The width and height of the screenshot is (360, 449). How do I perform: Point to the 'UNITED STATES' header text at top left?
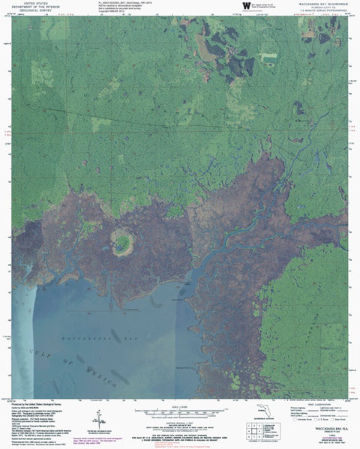coord(35,4)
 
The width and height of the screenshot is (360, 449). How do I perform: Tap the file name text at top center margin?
coord(121,3)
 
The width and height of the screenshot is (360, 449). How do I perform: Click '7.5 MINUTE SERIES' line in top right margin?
coord(323,12)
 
